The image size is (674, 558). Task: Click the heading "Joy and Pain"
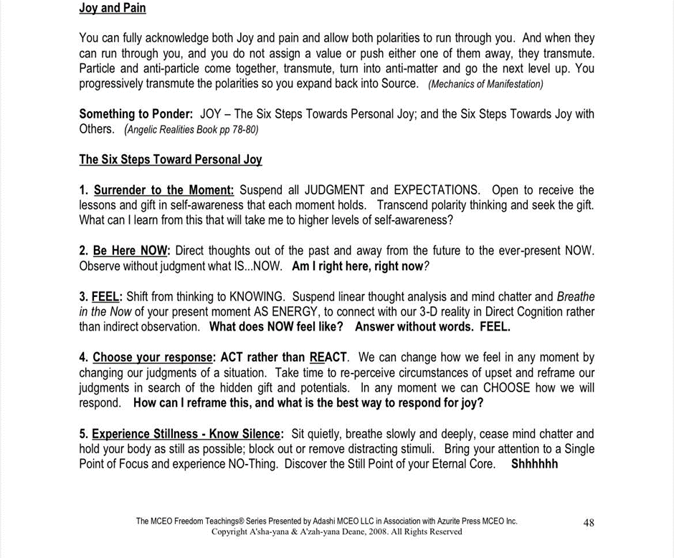(113, 9)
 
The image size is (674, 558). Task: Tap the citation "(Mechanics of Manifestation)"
(485, 85)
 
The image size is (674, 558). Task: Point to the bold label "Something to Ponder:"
(136, 114)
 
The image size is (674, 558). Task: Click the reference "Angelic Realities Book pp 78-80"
(193, 130)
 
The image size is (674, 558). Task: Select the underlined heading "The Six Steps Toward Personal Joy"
(171, 160)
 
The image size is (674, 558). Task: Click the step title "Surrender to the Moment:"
(163, 190)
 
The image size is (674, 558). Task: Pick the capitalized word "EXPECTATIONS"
(436, 190)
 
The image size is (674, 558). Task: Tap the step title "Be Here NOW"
(130, 251)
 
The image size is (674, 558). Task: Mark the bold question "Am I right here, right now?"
(361, 266)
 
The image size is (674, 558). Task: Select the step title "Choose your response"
(153, 357)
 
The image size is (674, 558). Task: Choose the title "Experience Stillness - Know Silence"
(186, 434)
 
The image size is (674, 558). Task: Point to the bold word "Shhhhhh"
(534, 464)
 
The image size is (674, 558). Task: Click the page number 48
(589, 523)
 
